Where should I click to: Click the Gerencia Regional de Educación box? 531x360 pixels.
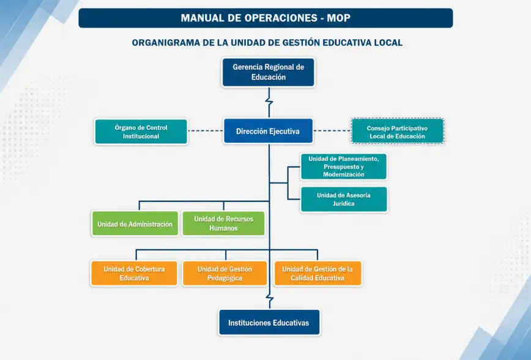(x=268, y=72)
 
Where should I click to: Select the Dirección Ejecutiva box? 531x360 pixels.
(x=268, y=131)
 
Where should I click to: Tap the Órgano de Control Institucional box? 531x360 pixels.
(x=141, y=132)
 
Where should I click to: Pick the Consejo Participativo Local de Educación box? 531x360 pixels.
(x=398, y=131)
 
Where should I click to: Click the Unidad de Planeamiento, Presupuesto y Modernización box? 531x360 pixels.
(x=344, y=167)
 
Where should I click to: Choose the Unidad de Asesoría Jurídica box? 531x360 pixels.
(x=344, y=200)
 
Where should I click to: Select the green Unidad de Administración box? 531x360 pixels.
(x=135, y=223)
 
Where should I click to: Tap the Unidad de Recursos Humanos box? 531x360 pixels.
(x=223, y=223)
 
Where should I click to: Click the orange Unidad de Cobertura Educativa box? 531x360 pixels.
(x=134, y=273)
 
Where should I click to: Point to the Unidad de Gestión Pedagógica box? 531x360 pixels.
(x=225, y=273)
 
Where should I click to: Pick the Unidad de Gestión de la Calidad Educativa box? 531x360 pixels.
(x=317, y=273)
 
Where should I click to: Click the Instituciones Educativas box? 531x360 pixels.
(x=269, y=323)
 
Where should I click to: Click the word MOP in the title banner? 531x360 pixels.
(x=338, y=18)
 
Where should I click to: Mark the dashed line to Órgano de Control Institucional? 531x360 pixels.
(x=205, y=131)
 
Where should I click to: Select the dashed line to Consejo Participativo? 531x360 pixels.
(x=332, y=131)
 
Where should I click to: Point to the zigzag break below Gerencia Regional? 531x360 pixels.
(x=269, y=102)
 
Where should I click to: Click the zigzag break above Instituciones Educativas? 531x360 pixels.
(x=270, y=298)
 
